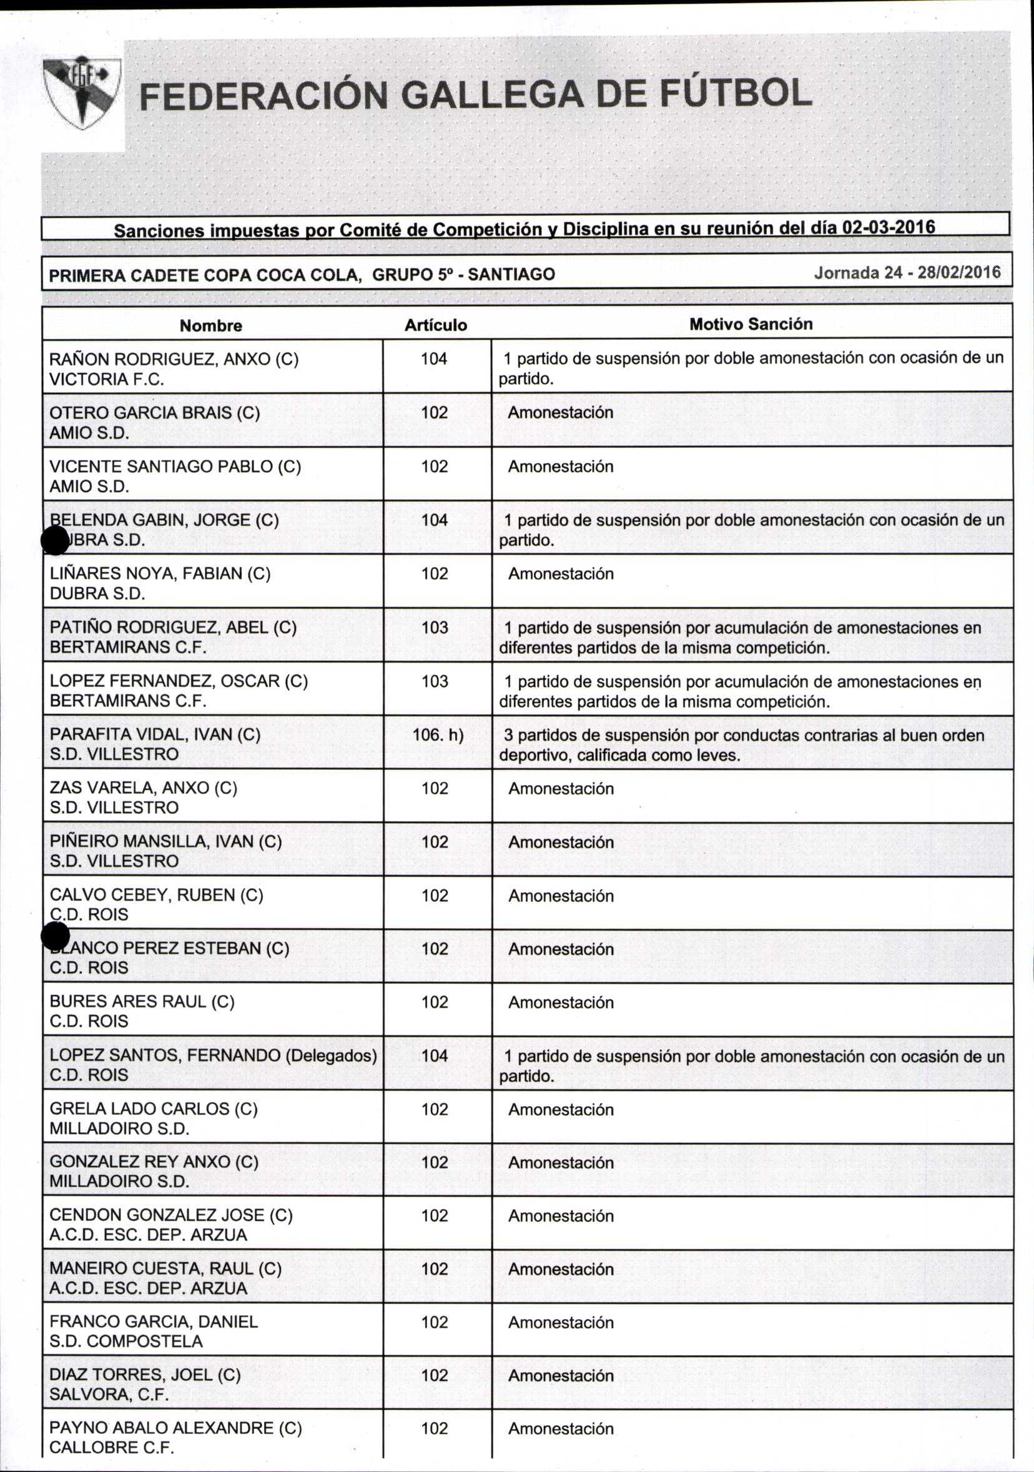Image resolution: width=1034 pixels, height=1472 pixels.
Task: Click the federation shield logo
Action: pyautogui.click(x=82, y=94)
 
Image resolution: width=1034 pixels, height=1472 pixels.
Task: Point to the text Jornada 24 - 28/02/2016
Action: pyautogui.click(x=907, y=272)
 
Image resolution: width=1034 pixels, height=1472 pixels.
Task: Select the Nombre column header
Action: pyautogui.click(x=211, y=325)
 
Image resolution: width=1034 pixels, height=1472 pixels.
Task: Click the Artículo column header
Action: pyautogui.click(x=436, y=325)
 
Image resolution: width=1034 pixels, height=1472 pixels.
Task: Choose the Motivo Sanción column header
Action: pyautogui.click(x=751, y=324)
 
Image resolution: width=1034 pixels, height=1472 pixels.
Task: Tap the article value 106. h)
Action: pyautogui.click(x=438, y=734)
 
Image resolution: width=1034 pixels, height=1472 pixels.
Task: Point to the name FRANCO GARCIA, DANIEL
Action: pyautogui.click(x=154, y=1321)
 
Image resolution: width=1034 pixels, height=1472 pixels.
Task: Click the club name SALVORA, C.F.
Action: pyautogui.click(x=109, y=1395)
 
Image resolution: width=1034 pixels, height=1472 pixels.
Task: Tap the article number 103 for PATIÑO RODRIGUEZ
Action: pyautogui.click(x=435, y=628)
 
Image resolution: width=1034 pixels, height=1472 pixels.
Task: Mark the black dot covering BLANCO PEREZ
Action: pyautogui.click(x=55, y=937)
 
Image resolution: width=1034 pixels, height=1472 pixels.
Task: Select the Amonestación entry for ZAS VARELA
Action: pyautogui.click(x=561, y=789)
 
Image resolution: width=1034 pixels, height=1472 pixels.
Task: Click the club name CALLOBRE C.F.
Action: pyautogui.click(x=112, y=1448)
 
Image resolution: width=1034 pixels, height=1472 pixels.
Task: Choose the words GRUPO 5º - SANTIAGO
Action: pyautogui.click(x=463, y=275)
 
